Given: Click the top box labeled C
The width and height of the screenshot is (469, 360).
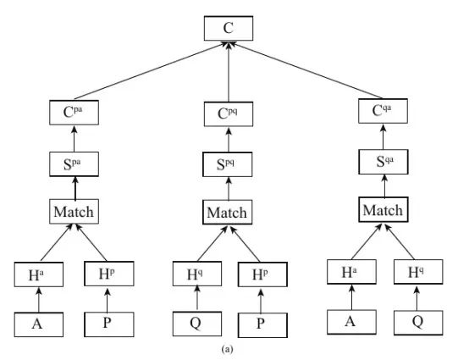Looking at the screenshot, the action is coord(229,28).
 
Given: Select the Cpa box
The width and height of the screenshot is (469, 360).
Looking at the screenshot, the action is coord(74,113).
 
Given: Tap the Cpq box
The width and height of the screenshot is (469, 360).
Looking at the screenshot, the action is coord(229,114).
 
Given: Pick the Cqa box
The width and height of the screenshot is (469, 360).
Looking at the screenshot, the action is coord(383,111).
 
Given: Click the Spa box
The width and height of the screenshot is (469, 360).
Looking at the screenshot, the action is coord(74,164).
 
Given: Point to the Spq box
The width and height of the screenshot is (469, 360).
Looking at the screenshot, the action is coord(228,164).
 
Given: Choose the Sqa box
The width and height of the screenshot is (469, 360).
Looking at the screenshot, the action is coord(383,162).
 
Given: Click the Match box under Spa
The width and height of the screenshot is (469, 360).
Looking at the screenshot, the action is coord(74,212).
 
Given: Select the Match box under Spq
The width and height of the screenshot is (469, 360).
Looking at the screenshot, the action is coord(228,212).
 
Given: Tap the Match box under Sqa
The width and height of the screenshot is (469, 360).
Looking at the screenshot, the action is coord(383,209).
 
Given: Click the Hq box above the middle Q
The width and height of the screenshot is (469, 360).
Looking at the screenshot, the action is coord(197,274).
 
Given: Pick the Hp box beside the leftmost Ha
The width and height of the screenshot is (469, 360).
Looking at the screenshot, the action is coord(109,274).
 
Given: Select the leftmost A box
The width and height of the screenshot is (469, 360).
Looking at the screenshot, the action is coord(39,324).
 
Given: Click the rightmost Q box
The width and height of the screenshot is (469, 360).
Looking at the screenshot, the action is coord(418,323).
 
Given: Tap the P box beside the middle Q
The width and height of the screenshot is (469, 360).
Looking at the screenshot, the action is coord(262,325).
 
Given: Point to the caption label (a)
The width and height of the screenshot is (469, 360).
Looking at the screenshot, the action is coord(227,349).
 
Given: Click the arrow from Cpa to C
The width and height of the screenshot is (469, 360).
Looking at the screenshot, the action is coord(150,70).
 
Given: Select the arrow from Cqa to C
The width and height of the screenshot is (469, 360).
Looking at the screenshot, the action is coord(306,70).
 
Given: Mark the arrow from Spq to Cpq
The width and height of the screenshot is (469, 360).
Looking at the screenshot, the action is coord(229,140).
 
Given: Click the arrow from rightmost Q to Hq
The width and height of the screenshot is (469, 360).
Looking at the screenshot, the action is coord(417,298).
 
